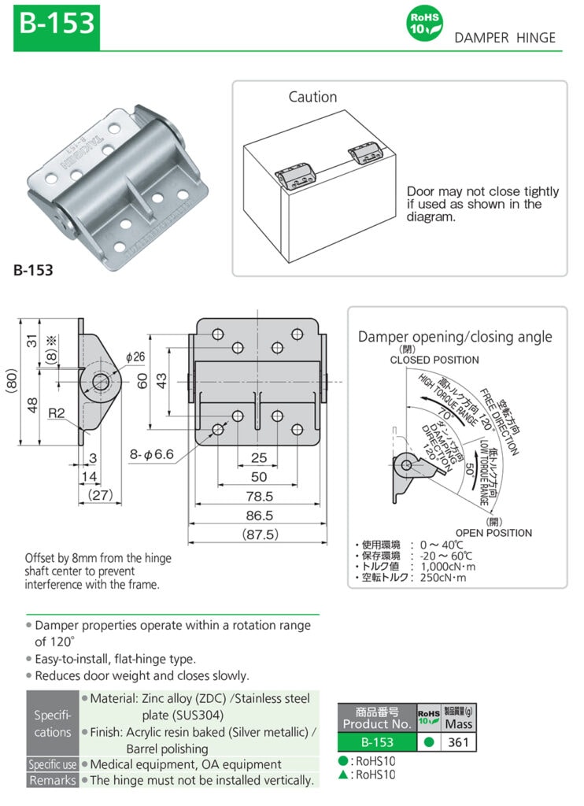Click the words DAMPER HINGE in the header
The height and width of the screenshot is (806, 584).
point(505,38)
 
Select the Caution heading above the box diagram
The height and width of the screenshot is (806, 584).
point(312,97)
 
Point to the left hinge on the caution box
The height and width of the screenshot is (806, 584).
point(298,174)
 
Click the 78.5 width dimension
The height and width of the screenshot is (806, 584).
point(258,497)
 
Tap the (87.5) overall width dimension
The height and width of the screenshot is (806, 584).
point(258,534)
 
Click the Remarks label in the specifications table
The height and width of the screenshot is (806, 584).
point(52,780)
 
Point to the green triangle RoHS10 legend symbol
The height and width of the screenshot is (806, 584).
point(342,775)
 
